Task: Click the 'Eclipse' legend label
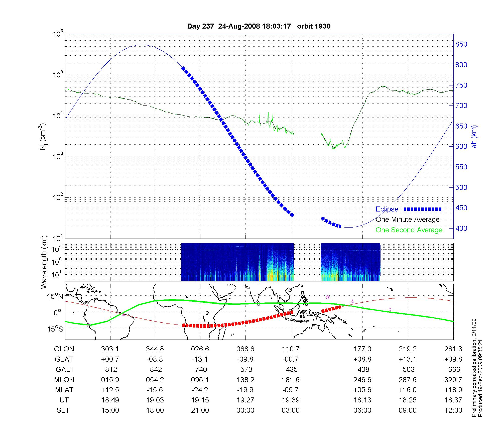click(x=387, y=209)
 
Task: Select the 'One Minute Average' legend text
click(x=408, y=220)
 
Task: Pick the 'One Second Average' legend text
click(x=409, y=230)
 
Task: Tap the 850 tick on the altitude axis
click(x=461, y=44)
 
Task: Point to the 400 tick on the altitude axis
click(x=461, y=228)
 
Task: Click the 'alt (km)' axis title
click(x=474, y=137)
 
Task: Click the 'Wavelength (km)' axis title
click(x=44, y=262)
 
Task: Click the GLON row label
click(x=64, y=349)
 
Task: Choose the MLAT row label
click(x=64, y=390)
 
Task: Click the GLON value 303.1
click(x=110, y=349)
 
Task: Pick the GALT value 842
click(x=155, y=370)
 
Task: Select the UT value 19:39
click(x=291, y=400)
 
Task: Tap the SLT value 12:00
click(x=453, y=410)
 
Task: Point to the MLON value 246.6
click(x=362, y=380)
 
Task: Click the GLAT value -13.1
click(x=200, y=359)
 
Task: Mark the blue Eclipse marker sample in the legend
click(x=423, y=209)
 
